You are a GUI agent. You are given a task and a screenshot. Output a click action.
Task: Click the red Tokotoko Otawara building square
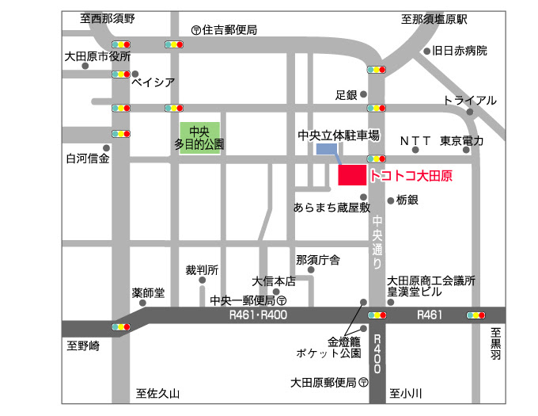point(351,175)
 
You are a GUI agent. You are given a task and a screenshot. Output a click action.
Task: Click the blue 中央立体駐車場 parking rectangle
point(326,148)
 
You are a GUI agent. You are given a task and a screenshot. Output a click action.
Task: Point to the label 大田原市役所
point(97,57)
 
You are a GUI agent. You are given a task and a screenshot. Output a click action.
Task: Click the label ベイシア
point(152,81)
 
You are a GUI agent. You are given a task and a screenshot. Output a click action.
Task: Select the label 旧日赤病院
point(460,51)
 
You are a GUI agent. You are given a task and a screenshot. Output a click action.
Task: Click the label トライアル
point(469,101)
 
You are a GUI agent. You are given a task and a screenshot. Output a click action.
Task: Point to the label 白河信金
point(87,158)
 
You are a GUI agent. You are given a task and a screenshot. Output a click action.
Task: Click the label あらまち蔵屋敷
point(332,208)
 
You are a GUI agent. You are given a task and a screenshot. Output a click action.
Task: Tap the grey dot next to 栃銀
point(390,200)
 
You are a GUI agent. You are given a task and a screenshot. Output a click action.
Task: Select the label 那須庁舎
point(317,259)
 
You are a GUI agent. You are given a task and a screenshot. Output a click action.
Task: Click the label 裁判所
point(202,269)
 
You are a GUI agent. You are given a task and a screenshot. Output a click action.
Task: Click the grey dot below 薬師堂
point(142,303)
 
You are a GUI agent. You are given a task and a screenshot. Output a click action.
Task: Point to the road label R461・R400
point(257,315)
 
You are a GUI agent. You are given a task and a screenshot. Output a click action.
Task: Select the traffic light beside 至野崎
point(121,326)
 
